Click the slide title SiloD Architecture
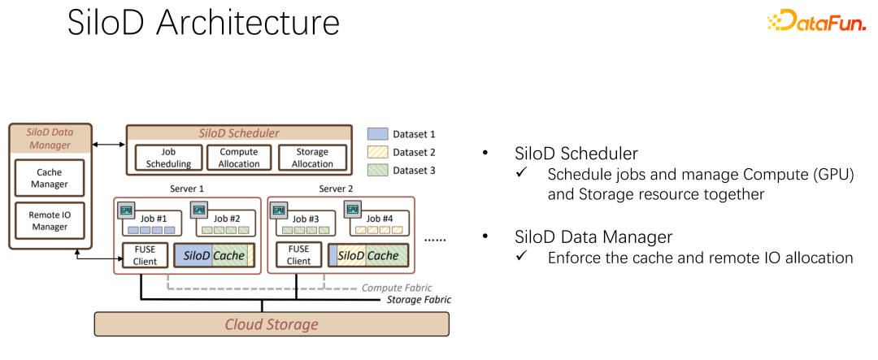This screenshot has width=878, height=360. point(203,24)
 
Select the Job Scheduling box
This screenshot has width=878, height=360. point(168,158)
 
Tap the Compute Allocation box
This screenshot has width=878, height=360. point(239,158)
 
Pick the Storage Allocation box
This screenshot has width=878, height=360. point(312,158)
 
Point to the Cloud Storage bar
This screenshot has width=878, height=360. point(272,323)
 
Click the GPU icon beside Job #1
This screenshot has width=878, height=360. point(126,209)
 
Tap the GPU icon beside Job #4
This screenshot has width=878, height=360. point(353,209)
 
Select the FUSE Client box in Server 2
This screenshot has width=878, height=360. point(298,255)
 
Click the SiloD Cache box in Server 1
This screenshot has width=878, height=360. point(214,255)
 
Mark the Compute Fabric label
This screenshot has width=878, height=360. point(397,288)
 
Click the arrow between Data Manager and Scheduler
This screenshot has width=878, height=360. point(109,145)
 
